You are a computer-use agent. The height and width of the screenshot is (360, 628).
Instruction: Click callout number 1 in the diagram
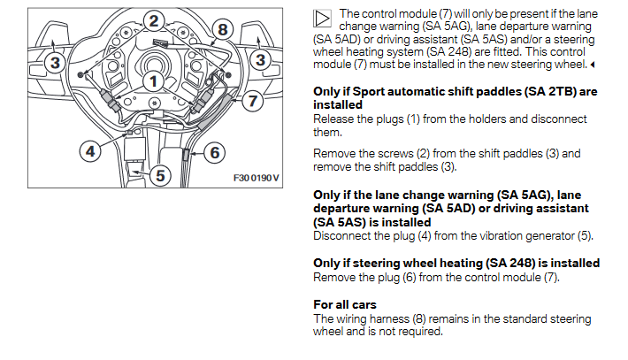154,83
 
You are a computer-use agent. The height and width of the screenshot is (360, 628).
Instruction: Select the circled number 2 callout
154,21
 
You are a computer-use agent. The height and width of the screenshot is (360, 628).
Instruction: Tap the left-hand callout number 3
55,61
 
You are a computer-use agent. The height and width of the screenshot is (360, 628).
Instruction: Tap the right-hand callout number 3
260,61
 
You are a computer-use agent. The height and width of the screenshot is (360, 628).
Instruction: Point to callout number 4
90,150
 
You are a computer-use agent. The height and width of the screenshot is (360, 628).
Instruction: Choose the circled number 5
159,174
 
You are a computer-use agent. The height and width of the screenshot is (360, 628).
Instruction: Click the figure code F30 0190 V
256,177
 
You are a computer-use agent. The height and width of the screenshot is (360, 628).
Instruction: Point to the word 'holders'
498,118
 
